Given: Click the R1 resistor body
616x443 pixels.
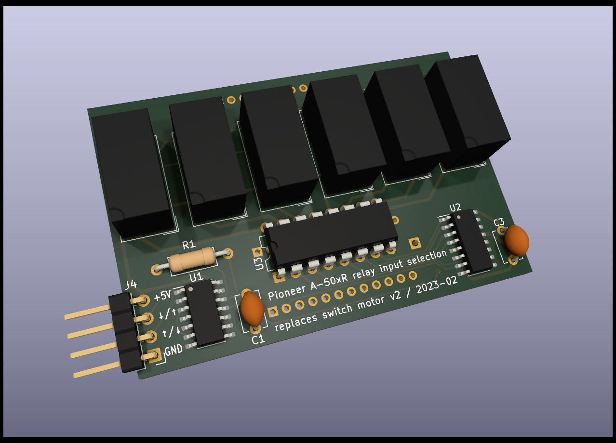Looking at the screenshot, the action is click(192, 259).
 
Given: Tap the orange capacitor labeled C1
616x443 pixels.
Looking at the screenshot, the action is click(252, 308).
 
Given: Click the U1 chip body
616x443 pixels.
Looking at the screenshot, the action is click(204, 313).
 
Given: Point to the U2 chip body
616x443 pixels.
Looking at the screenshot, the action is click(471, 241).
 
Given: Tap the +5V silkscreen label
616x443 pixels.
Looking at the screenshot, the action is click(163, 296).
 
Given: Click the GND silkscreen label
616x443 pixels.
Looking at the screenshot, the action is click(174, 350).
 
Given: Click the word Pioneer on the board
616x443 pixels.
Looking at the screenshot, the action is click(286, 292).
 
